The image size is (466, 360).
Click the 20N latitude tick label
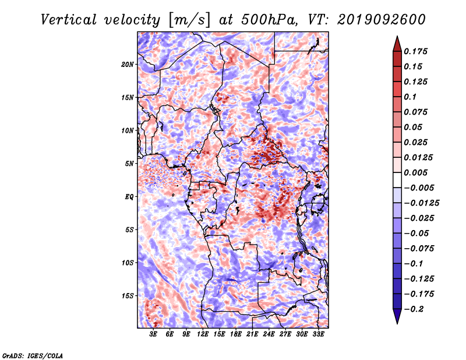[127, 65]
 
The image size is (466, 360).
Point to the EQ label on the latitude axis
[129, 197]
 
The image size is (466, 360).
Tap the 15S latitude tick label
[127, 296]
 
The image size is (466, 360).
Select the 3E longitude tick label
[153, 334]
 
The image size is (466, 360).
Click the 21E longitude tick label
[252, 334]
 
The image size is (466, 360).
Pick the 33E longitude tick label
[318, 334]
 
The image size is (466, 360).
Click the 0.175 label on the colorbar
[415, 51]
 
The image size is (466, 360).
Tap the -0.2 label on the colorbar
[414, 309]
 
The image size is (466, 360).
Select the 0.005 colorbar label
[415, 172]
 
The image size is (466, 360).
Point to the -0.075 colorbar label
[419, 249]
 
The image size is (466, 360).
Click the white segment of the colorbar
[397, 180]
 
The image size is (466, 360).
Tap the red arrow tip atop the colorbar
[397, 36]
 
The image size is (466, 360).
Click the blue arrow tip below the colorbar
[397, 323]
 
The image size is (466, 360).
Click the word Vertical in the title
[68, 20]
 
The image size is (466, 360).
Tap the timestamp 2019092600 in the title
[382, 20]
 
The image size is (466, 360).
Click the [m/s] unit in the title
[189, 20]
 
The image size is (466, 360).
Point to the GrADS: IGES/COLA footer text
[33, 356]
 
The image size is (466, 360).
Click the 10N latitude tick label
[127, 130]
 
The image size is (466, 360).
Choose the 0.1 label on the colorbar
[410, 97]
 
